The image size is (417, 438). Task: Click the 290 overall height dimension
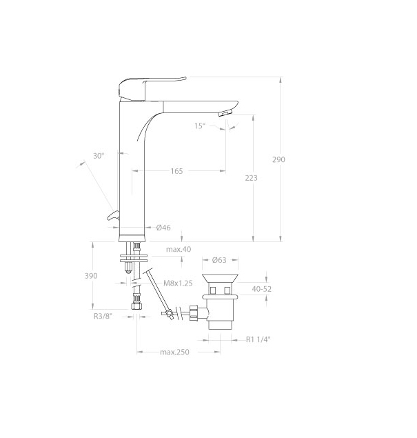point(278,159)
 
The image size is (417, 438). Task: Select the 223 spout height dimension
point(251,178)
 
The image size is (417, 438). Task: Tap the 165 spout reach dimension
point(176,171)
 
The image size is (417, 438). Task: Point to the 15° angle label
point(200,126)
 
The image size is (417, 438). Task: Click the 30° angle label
point(99,156)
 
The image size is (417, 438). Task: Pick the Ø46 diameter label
point(163,228)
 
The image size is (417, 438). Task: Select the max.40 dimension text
point(179,249)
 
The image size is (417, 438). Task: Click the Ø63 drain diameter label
point(219,260)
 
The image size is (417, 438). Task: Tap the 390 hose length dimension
point(91,276)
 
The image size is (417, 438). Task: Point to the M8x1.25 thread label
point(178,283)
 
